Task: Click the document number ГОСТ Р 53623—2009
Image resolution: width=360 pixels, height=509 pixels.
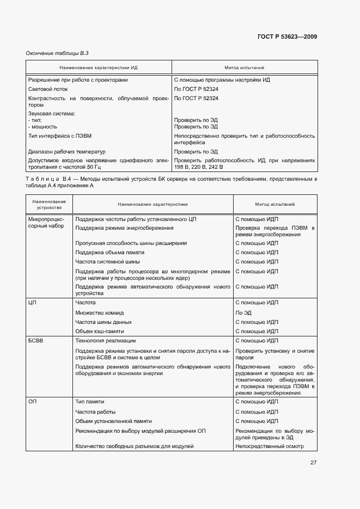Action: point(286,36)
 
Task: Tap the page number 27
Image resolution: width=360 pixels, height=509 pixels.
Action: point(313,463)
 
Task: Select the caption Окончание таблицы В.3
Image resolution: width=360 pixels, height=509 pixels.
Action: point(57,53)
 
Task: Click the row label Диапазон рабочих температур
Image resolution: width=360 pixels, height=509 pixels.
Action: point(66,152)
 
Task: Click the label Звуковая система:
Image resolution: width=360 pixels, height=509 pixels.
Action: point(51,113)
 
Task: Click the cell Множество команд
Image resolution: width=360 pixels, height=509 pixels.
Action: point(100,313)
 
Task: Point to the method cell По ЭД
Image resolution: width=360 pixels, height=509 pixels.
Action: point(243,313)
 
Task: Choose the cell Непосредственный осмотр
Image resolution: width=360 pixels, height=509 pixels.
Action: point(269,446)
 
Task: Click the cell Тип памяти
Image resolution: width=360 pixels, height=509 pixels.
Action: point(91,402)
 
